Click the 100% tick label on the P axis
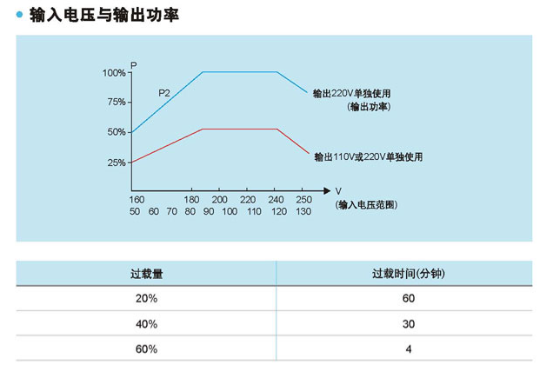tap(114, 73)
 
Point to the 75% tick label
tap(117, 103)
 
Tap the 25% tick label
tap(117, 163)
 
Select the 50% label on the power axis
tap(117, 132)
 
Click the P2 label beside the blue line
tap(163, 92)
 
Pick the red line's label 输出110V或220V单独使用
tap(368, 157)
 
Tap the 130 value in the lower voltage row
tap(303, 212)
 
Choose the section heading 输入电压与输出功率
tap(105, 15)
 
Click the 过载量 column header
tap(146, 274)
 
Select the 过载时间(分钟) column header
tap(408, 274)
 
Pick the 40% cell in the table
tap(146, 323)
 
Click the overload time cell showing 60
tap(408, 299)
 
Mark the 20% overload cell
tap(146, 299)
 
